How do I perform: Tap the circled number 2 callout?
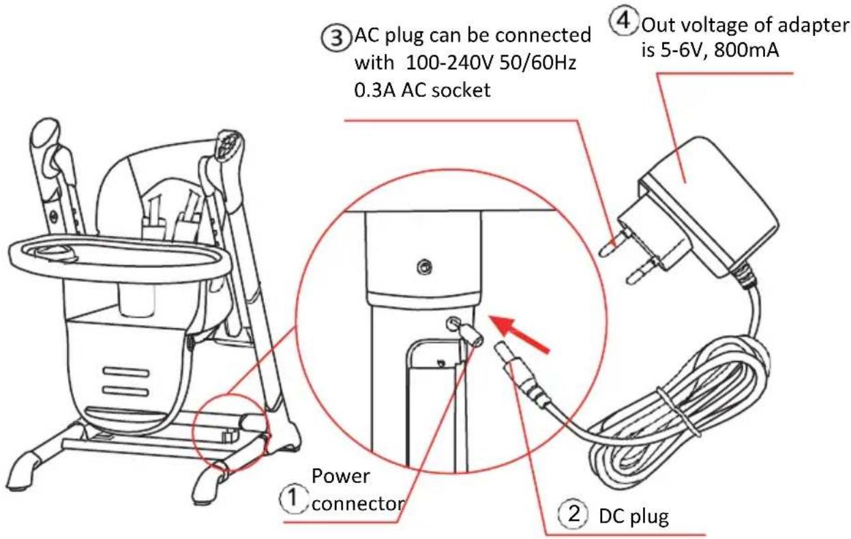573,514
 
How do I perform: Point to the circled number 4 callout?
623,22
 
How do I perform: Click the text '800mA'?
747,50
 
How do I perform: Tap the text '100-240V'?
449,62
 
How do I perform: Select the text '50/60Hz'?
538,62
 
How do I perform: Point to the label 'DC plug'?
633,516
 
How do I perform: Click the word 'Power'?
340,476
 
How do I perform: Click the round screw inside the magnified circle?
424,267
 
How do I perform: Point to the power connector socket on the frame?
451,323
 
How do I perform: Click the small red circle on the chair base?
230,433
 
